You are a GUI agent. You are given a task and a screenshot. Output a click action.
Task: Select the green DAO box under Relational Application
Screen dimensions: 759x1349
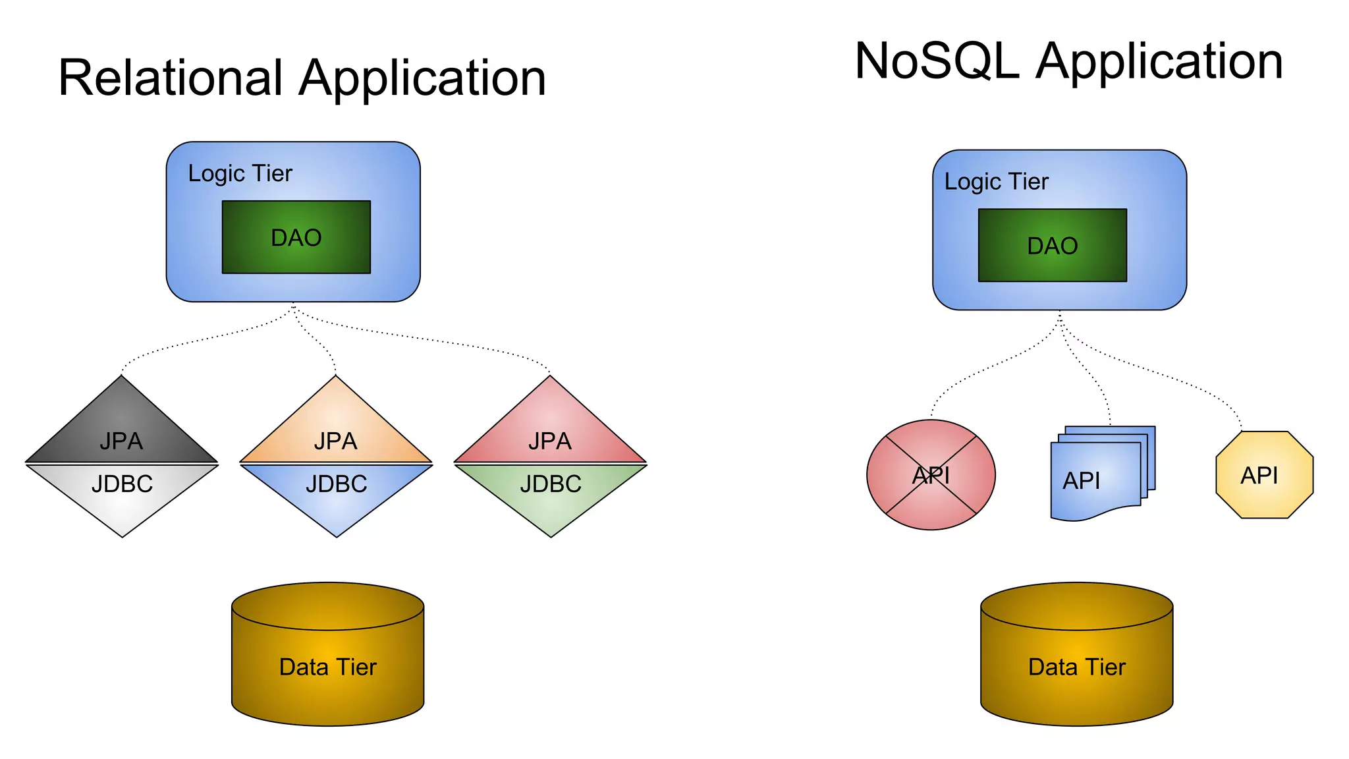point(296,237)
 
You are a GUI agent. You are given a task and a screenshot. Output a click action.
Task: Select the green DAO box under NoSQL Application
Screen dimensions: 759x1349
point(1053,245)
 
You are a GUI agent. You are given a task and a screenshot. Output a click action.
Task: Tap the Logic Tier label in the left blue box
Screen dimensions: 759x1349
point(240,173)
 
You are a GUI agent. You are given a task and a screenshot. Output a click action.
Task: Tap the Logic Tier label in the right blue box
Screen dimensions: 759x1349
point(996,181)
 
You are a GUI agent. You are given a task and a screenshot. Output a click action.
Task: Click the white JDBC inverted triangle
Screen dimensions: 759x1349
point(123,491)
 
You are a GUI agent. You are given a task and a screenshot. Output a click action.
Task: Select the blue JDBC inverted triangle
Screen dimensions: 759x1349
point(337,491)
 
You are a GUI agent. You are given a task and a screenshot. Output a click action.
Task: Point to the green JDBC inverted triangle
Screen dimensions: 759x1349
point(551,491)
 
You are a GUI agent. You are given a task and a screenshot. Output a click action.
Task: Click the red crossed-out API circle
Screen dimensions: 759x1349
point(931,475)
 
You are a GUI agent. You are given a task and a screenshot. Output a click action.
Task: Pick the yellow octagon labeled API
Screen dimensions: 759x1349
point(1264,475)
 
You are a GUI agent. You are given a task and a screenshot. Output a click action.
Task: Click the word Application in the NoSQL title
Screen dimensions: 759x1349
point(1159,61)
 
